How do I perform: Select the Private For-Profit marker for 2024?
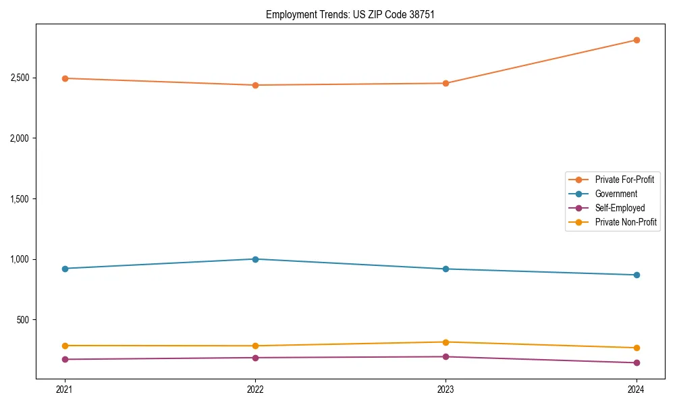[x=636, y=40]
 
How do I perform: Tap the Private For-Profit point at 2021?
[x=65, y=78]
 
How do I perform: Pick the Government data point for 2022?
[x=255, y=259]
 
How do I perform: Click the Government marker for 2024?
[x=636, y=275]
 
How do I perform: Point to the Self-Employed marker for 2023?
[x=446, y=356]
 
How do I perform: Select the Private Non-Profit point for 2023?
[x=446, y=342]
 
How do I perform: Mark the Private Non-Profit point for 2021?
[x=65, y=346]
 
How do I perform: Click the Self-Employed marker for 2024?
[x=636, y=362]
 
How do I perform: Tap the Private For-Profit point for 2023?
[x=446, y=83]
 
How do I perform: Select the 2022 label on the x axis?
[x=255, y=389]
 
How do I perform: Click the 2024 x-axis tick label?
[x=636, y=389]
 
